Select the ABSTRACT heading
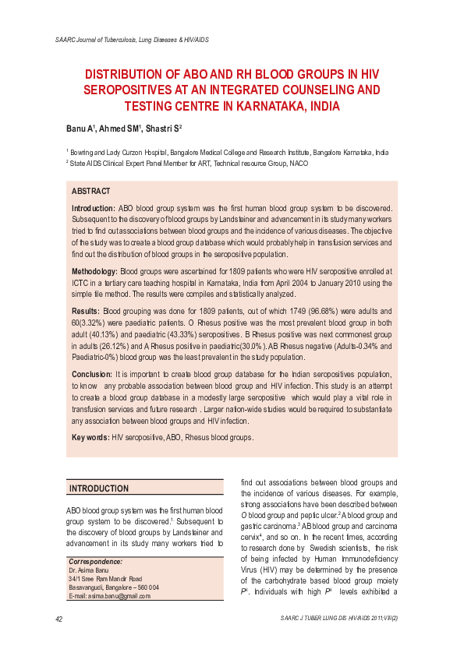coord(90,191)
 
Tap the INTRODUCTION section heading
coord(99,488)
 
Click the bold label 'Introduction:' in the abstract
coord(94,209)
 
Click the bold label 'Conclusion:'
coord(92,375)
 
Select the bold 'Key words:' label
coord(90,438)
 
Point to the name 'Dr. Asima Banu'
coord(88,570)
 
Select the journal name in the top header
coord(131,39)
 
